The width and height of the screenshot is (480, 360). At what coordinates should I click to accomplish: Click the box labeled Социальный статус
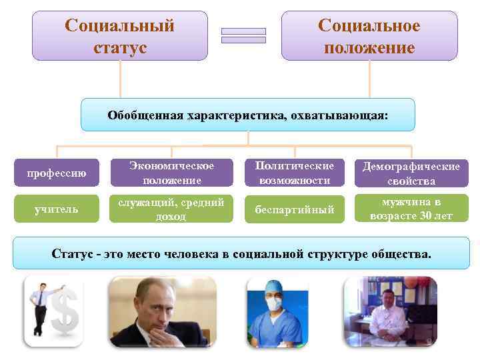tap(120, 36)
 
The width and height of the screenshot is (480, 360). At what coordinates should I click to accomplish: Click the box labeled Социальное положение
tap(369, 36)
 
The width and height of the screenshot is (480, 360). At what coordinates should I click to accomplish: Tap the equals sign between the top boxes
tap(243, 35)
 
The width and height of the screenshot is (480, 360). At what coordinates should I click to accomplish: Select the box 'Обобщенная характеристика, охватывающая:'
tap(247, 115)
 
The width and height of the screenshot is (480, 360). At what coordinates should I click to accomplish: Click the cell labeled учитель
tap(56, 209)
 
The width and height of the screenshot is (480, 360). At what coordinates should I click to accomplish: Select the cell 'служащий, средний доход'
tap(172, 209)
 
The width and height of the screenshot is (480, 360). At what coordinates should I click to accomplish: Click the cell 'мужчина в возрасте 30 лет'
tap(411, 209)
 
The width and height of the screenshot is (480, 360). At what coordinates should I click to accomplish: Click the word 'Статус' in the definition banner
tap(71, 253)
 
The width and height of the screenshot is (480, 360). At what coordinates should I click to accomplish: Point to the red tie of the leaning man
tap(41, 300)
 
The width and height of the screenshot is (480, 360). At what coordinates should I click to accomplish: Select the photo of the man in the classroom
tap(390, 311)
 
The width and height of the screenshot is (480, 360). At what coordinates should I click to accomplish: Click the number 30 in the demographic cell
tap(429, 216)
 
